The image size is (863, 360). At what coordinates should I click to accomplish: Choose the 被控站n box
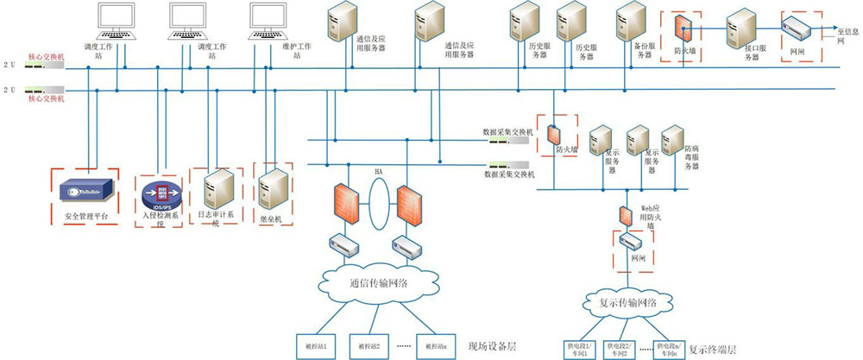[435, 345]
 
